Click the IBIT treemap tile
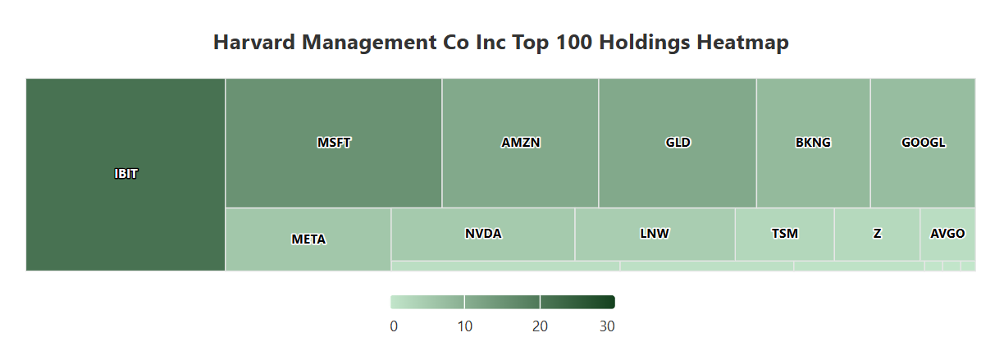(125, 174)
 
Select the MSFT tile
(334, 143)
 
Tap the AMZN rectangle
(520, 143)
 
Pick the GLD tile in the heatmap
(678, 143)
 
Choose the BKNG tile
(813, 143)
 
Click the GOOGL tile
(923, 143)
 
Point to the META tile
(308, 239)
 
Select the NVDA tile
(482, 234)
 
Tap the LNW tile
(655, 234)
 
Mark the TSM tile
(784, 234)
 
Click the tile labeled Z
(877, 234)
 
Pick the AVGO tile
(947, 234)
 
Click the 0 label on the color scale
(395, 326)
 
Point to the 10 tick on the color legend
(464, 326)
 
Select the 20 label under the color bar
(540, 326)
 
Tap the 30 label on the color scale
(607, 326)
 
